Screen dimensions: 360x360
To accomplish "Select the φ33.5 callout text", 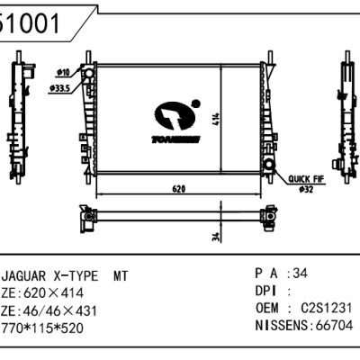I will click(62, 88).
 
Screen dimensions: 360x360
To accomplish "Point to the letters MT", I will click(121, 276).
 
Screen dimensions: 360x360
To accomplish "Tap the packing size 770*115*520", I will click(45, 328).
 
